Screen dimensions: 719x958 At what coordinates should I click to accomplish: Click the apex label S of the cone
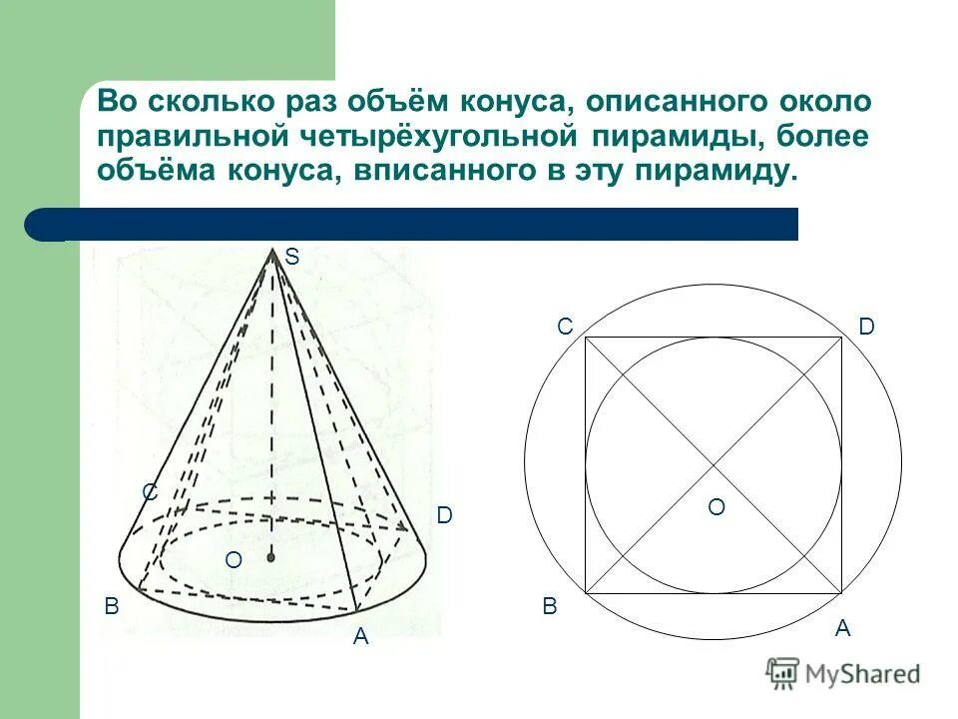(x=291, y=258)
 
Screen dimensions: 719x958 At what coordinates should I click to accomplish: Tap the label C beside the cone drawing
(x=150, y=492)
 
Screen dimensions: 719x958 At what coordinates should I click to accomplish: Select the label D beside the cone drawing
(x=444, y=515)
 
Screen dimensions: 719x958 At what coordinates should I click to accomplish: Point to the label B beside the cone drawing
(x=112, y=606)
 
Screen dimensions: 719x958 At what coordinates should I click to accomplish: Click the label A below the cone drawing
(x=360, y=636)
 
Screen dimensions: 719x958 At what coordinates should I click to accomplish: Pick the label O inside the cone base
(x=233, y=561)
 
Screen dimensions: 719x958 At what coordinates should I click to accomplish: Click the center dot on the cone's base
(x=270, y=559)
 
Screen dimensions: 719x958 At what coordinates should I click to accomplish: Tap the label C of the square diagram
(x=565, y=327)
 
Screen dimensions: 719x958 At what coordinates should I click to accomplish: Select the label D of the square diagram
(x=865, y=327)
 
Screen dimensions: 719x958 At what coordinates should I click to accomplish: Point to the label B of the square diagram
(x=550, y=606)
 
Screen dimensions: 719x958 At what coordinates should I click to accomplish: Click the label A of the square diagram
(x=842, y=628)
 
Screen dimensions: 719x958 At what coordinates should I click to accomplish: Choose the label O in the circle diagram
(x=717, y=508)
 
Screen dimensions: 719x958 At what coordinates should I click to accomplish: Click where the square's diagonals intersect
(x=714, y=465)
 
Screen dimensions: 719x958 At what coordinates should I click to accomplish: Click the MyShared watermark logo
(x=843, y=672)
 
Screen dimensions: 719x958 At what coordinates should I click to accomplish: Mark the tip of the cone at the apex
(x=272, y=251)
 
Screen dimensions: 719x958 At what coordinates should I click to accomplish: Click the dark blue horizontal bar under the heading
(x=419, y=225)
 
